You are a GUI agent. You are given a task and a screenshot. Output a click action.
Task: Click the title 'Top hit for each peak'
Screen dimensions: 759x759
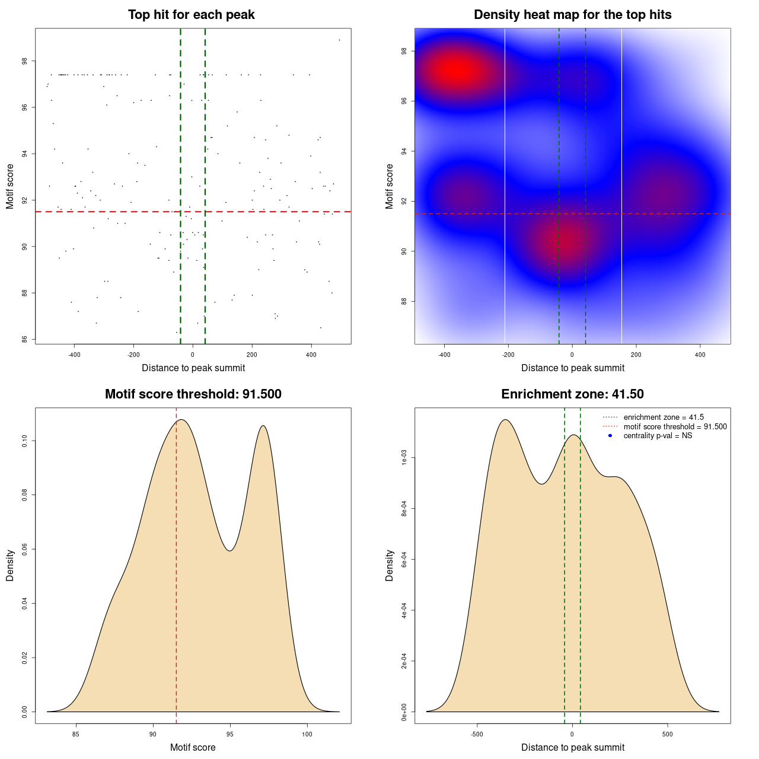191,15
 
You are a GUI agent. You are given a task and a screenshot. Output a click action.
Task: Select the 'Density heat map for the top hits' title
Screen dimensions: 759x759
572,15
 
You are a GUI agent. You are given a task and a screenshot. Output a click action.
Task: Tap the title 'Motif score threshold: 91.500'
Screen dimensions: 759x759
193,394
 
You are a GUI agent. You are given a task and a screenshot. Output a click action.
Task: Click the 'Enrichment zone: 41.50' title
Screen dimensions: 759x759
572,394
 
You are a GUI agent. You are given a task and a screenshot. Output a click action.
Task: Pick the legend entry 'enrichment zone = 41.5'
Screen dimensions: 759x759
664,417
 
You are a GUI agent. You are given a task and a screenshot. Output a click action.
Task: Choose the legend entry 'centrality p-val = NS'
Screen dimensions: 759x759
658,436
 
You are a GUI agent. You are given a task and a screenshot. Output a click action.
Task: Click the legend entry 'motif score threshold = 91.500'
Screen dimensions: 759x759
675,427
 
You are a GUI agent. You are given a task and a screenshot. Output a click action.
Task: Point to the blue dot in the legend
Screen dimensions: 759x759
610,436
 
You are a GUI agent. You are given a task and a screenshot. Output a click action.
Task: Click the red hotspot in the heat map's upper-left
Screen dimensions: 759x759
455,71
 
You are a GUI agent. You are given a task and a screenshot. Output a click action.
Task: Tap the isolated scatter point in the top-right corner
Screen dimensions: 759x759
339,40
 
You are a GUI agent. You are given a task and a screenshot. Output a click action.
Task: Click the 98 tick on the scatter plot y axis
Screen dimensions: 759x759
25,61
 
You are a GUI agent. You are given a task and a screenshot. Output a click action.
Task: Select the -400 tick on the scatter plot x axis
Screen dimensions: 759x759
74,355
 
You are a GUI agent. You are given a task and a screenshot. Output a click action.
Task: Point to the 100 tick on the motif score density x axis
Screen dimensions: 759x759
307,734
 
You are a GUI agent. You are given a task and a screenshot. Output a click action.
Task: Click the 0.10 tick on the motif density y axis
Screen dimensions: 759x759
25,441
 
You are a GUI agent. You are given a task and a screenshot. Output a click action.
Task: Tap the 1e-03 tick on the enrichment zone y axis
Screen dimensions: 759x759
404,458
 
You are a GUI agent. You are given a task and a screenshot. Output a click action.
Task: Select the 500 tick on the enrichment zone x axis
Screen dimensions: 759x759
668,734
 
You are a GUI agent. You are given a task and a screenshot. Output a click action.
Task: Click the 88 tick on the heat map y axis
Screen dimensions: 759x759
404,301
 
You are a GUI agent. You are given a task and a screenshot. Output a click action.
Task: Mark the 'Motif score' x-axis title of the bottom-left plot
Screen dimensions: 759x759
193,747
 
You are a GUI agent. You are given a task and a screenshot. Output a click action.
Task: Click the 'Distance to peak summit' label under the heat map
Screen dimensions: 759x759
572,368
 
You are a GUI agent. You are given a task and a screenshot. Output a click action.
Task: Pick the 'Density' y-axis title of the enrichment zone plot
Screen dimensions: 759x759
390,565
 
